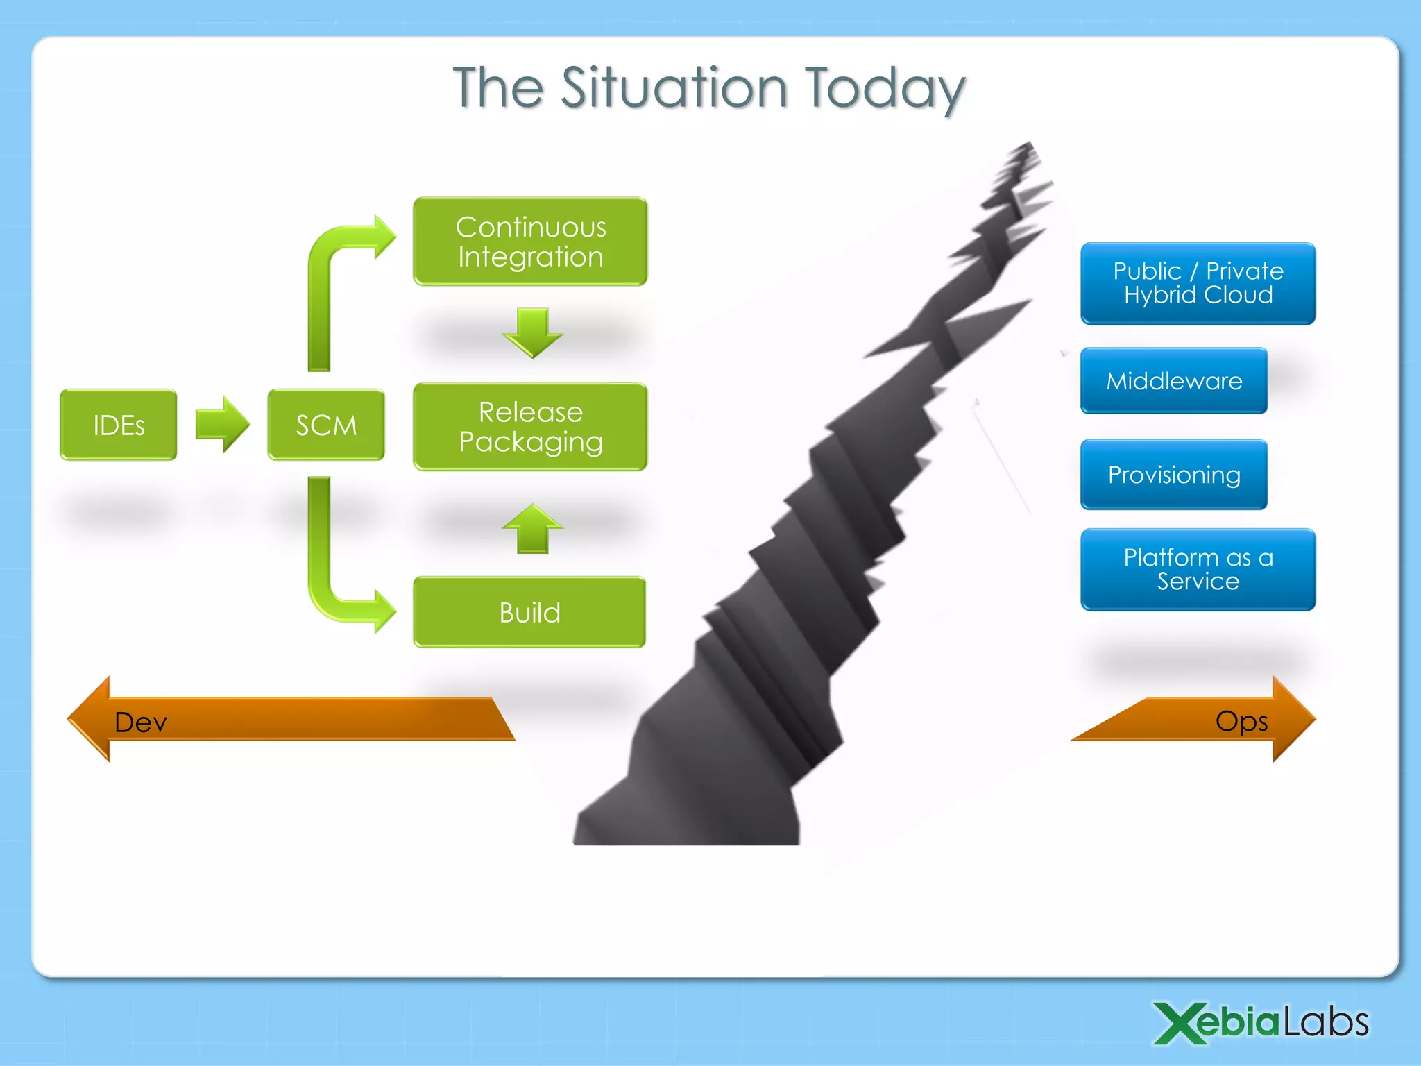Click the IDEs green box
(x=118, y=425)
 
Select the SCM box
(x=325, y=425)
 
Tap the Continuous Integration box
(x=530, y=242)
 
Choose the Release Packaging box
(x=530, y=427)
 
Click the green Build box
(x=529, y=612)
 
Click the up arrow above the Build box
(x=532, y=529)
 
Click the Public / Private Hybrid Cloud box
(x=1198, y=283)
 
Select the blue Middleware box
(x=1174, y=380)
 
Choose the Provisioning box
(x=1174, y=475)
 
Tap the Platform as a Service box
(x=1198, y=569)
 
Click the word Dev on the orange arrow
(x=141, y=722)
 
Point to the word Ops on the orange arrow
(x=1241, y=721)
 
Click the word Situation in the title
(x=674, y=88)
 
